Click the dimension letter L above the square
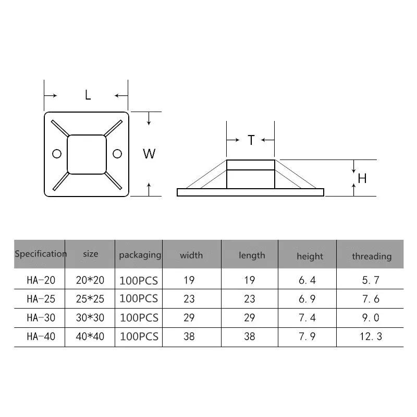[x=88, y=95]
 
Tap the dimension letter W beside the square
[x=149, y=154]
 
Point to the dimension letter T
[x=251, y=140]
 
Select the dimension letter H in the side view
[x=362, y=178]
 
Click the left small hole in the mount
[x=57, y=153]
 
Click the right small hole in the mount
[x=117, y=153]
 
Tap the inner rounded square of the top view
[x=87, y=154]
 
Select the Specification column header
[x=40, y=254]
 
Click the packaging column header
[x=140, y=255]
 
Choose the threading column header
[x=371, y=256]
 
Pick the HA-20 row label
[x=41, y=280]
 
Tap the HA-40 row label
[x=41, y=337]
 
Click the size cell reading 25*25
[x=90, y=299]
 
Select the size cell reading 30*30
[x=90, y=318]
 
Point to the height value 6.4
[x=307, y=280]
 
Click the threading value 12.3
[x=372, y=337]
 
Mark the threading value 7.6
[x=372, y=299]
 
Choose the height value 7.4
[x=307, y=318]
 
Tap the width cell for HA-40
[x=189, y=337]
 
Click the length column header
[x=252, y=255]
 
